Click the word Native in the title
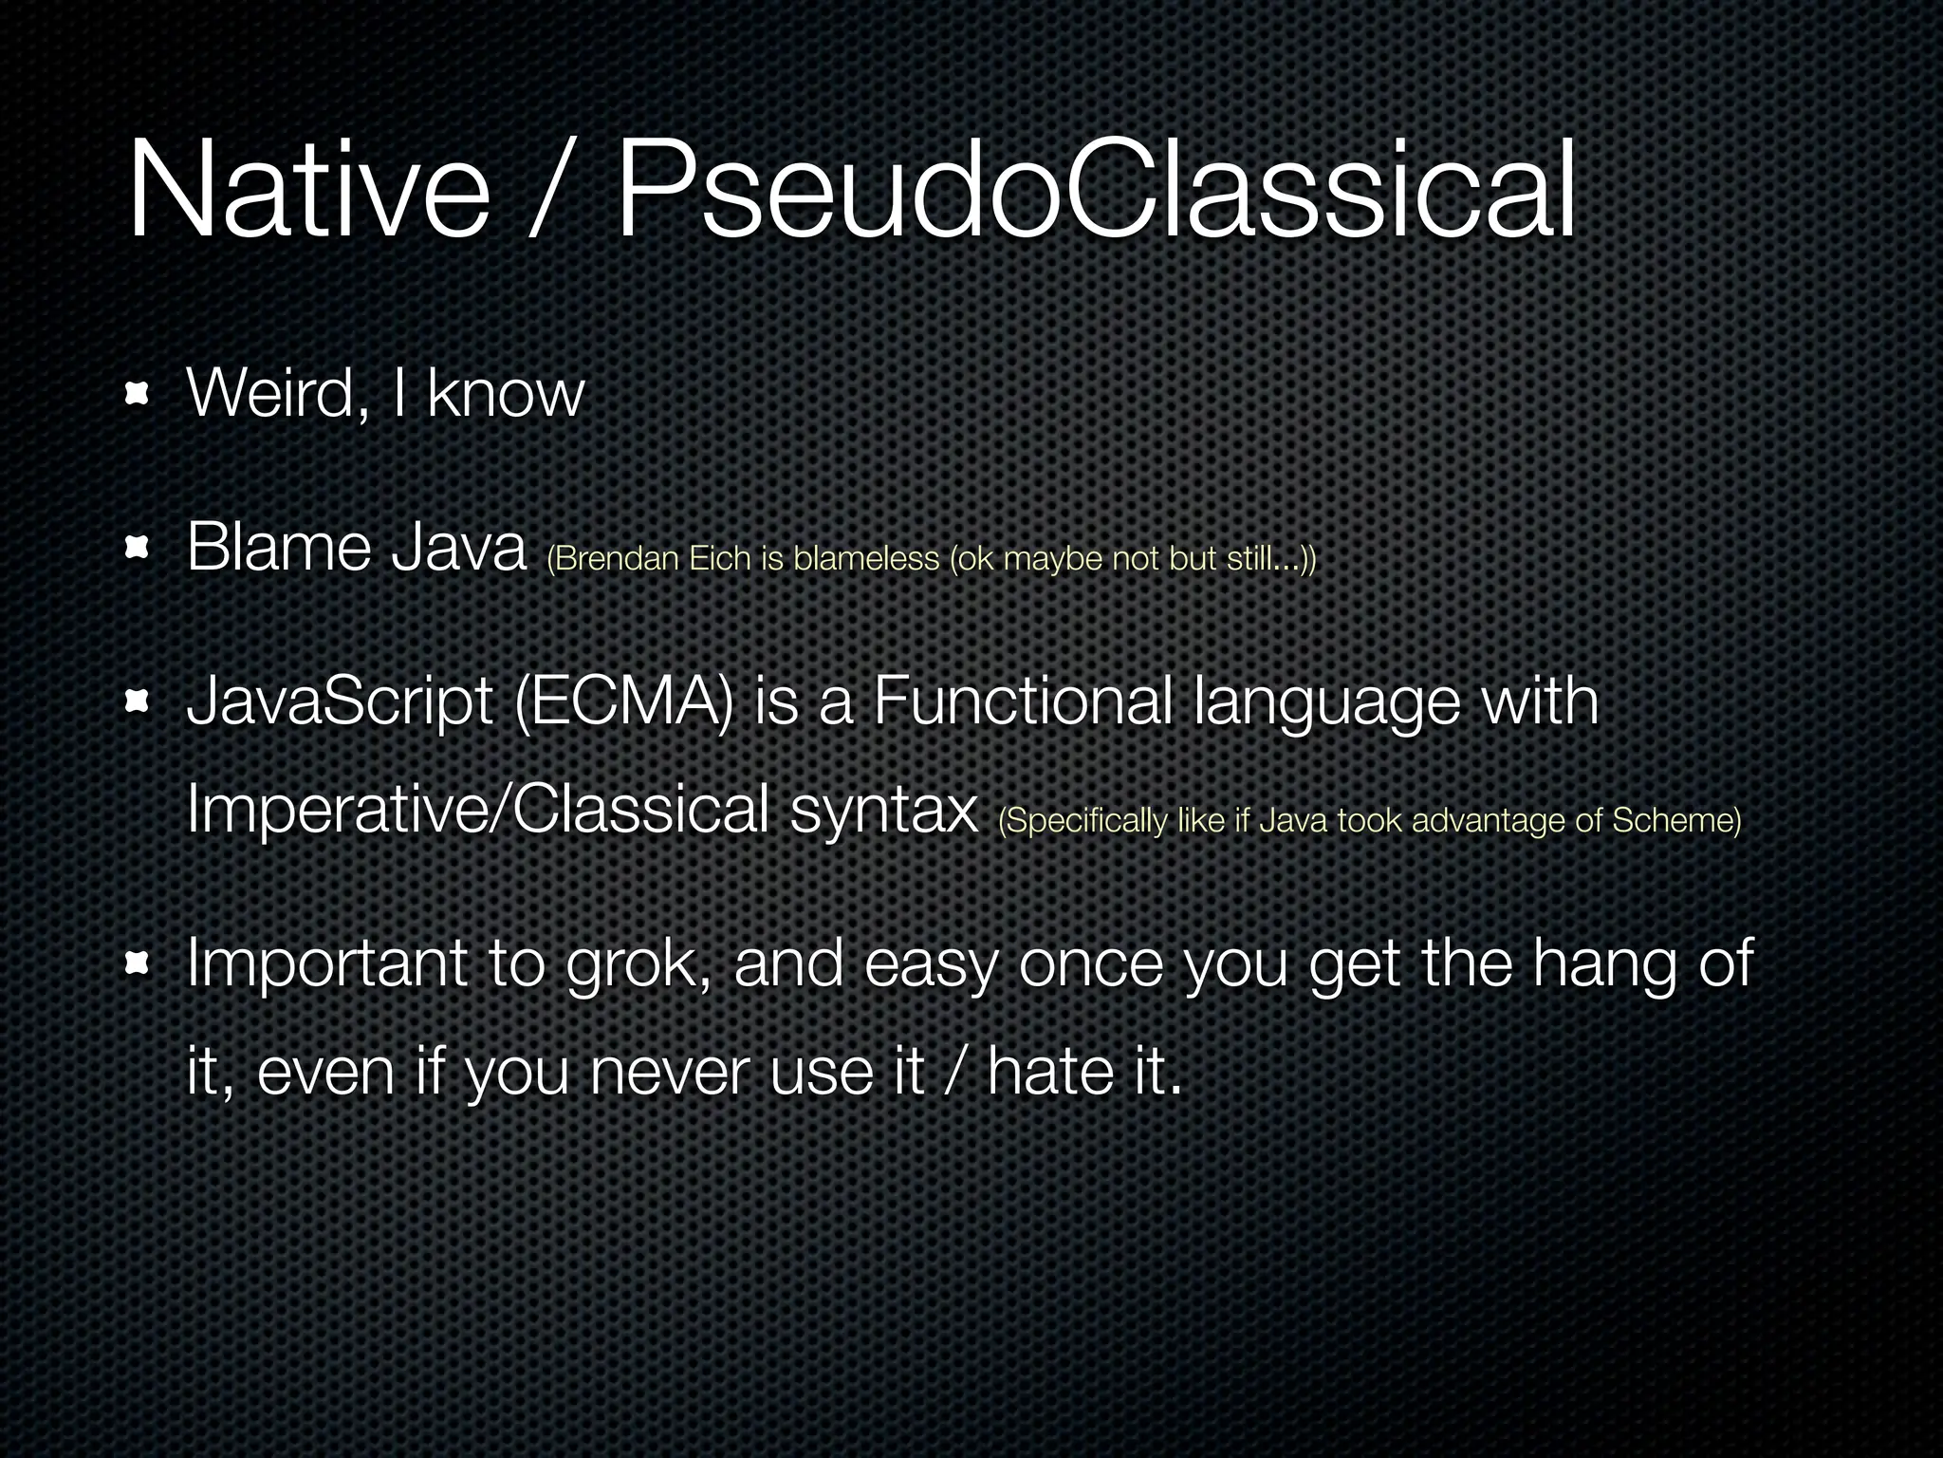[308, 190]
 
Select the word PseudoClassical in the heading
[1096, 190]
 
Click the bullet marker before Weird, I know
[139, 393]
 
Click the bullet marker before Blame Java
[139, 548]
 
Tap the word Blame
[278, 548]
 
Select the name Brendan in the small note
[617, 559]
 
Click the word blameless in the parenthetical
[865, 559]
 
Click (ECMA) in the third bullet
[624, 703]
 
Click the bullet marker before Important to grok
[139, 964]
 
